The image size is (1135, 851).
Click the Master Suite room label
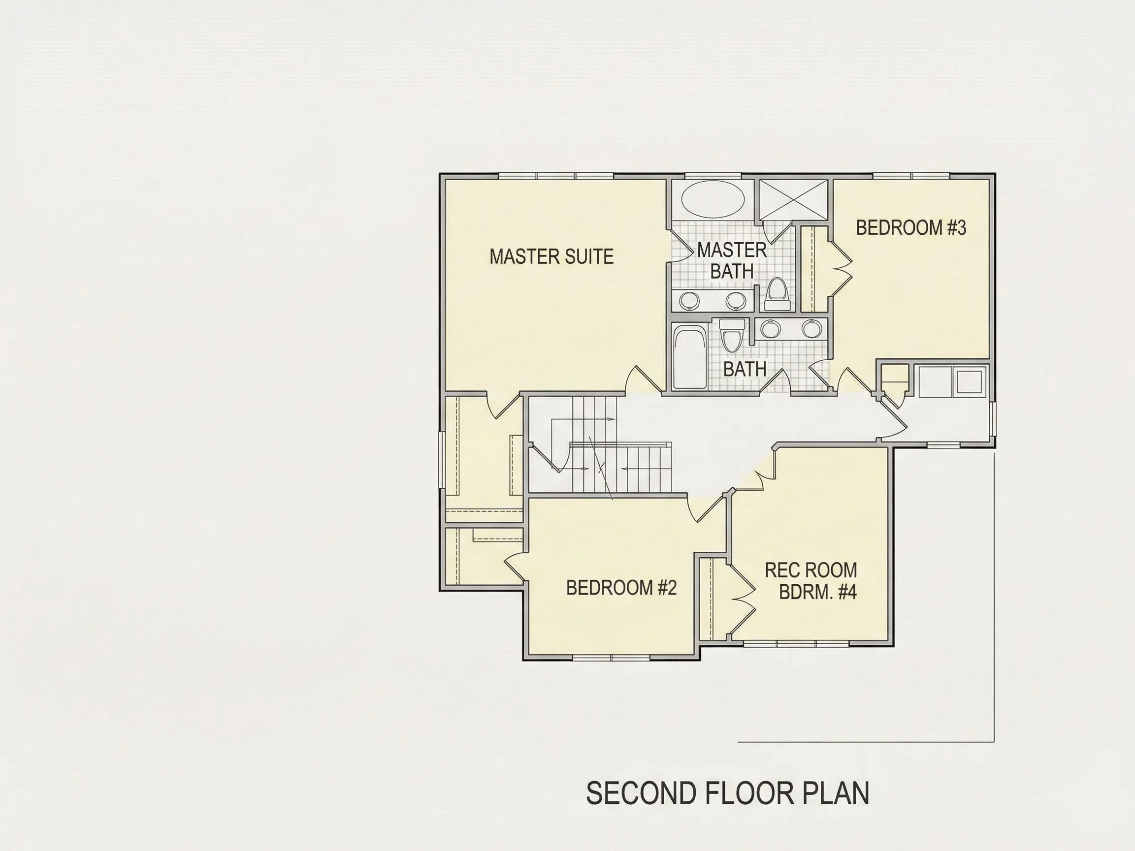pos(551,256)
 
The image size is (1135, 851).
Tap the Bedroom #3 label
pos(911,228)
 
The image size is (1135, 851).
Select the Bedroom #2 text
pos(621,588)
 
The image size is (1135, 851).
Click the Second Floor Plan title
pos(728,793)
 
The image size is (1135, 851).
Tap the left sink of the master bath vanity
pos(689,301)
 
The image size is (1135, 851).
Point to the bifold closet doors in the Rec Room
pos(743,599)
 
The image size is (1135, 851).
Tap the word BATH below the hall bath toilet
pos(745,369)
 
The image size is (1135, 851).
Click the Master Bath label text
pos(732,260)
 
